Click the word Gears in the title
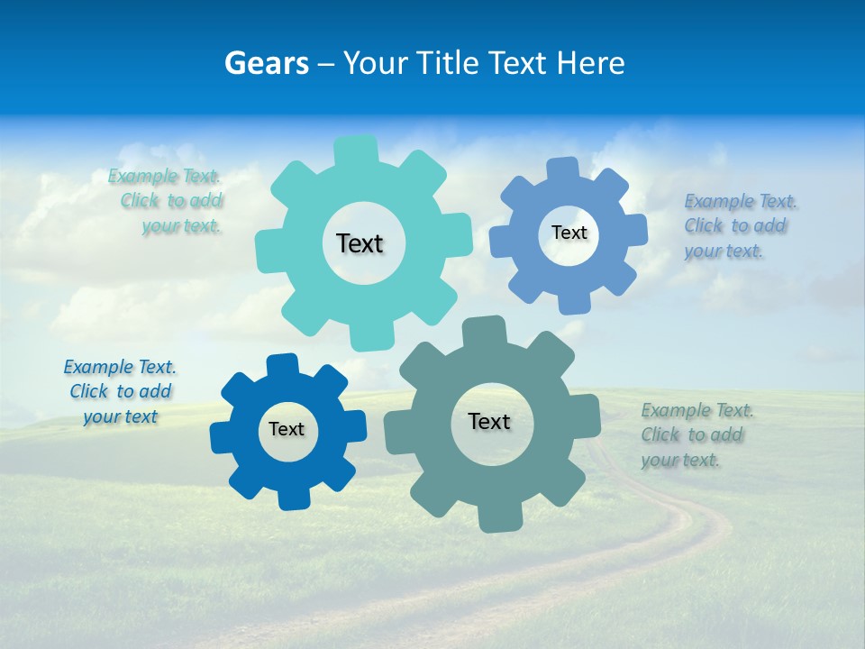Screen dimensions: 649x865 click(x=267, y=63)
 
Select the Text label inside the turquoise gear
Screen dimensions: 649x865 click(x=360, y=243)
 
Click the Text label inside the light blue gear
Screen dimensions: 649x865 click(x=569, y=233)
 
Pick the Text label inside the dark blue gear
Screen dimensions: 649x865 click(x=287, y=429)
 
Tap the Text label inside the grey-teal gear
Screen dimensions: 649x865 click(x=489, y=421)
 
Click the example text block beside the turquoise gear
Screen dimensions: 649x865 click(x=166, y=201)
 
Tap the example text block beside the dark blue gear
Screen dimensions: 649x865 click(x=120, y=391)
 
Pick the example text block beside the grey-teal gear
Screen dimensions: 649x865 click(x=697, y=434)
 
